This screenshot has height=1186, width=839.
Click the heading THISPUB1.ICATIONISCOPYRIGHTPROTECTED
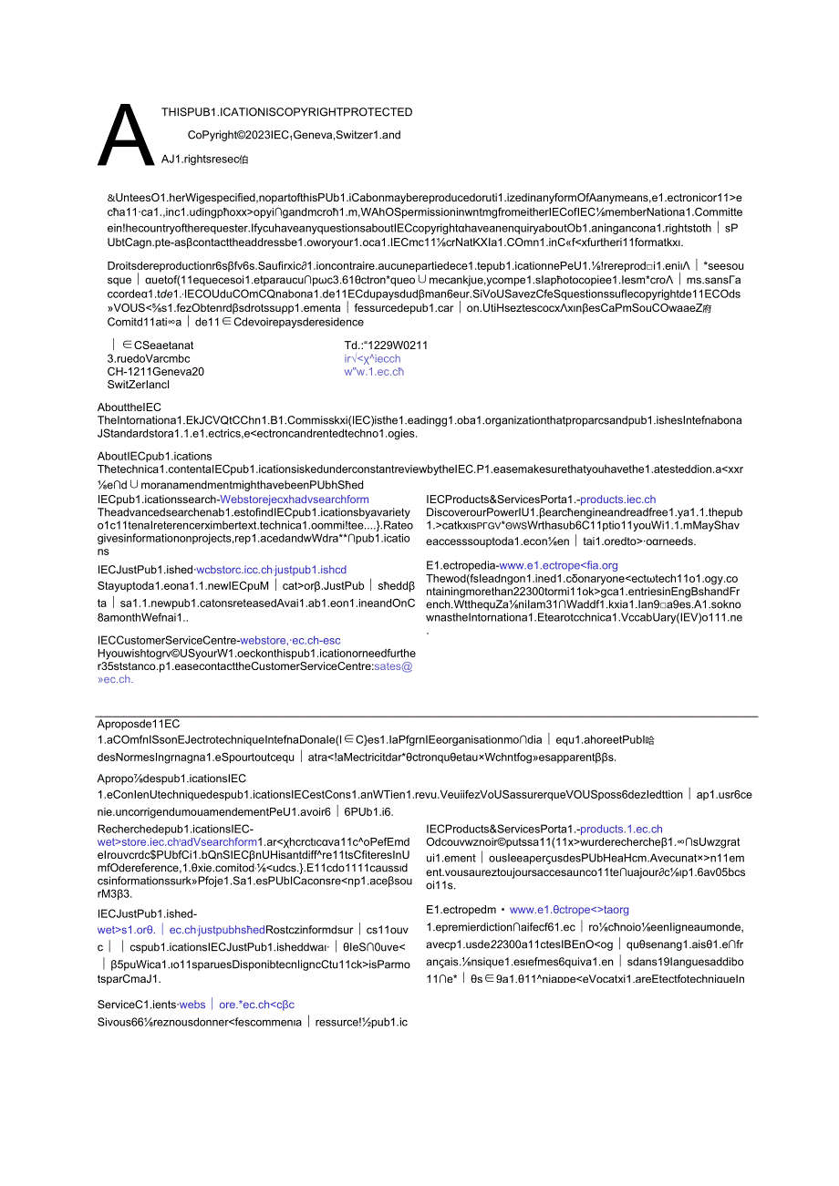[286, 112]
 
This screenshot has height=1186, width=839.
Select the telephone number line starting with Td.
[386, 345]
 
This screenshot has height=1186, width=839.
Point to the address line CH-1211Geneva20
[155, 371]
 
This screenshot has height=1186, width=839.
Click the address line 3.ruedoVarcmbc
[149, 358]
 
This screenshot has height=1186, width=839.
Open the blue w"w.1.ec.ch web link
[374, 371]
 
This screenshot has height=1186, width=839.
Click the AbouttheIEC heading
[129, 407]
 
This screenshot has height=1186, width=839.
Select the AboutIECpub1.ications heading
[154, 456]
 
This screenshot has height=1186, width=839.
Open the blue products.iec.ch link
[617, 500]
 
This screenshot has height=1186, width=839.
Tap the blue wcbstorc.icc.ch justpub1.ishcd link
[272, 570]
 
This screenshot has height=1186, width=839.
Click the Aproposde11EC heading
[139, 723]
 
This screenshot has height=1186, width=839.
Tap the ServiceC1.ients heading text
[137, 1004]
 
